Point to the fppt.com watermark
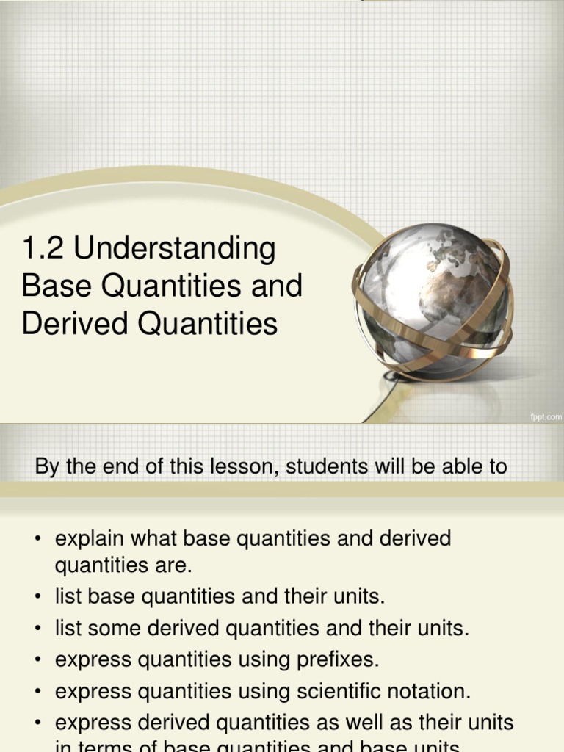coord(545,416)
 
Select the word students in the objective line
coord(326,467)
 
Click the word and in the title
coord(280,286)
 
